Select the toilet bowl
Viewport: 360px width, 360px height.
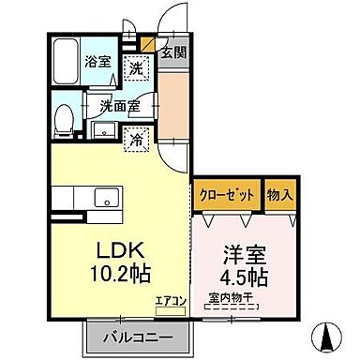pos(63,118)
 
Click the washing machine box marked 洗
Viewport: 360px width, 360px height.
pos(137,68)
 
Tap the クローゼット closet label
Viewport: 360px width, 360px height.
pos(226,197)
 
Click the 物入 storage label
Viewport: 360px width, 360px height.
pos(279,197)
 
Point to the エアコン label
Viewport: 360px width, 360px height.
pos(172,302)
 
